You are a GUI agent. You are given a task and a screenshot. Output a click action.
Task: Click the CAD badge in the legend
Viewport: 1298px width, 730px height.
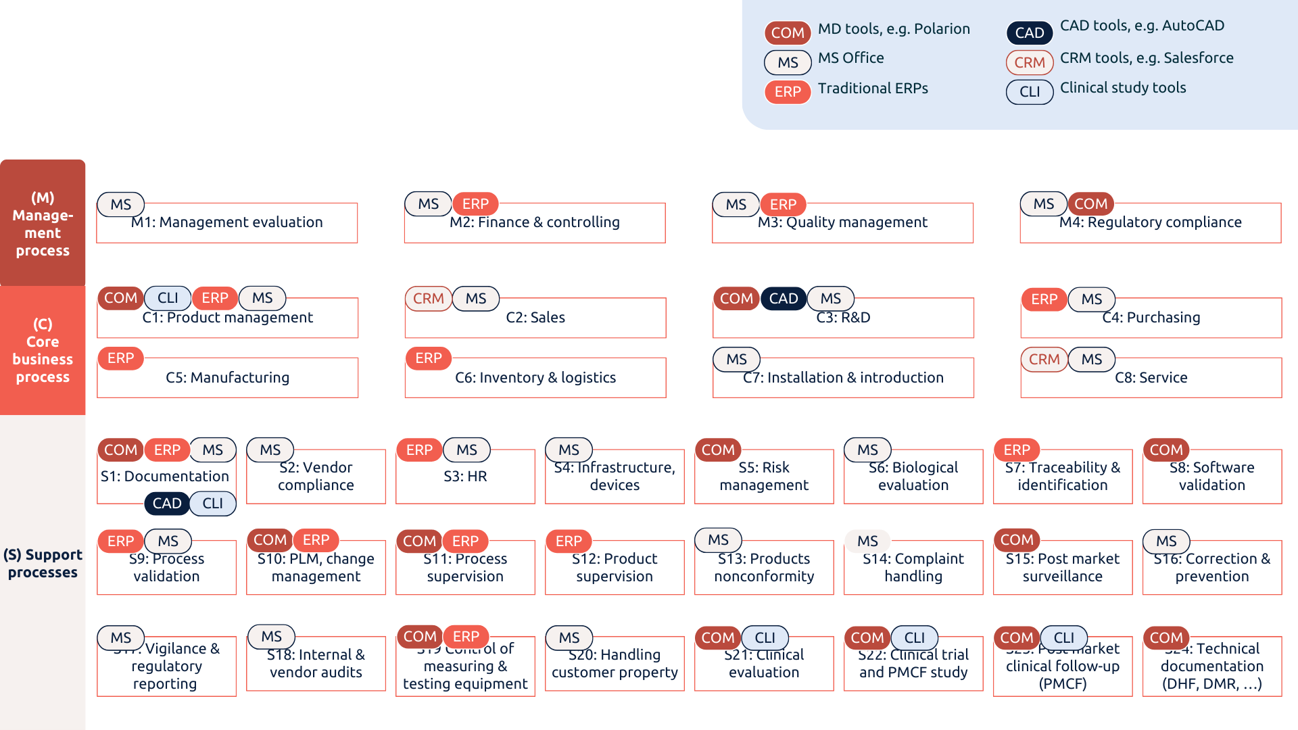pos(1029,32)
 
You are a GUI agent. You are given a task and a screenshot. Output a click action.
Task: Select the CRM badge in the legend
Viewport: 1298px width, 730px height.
pos(1029,62)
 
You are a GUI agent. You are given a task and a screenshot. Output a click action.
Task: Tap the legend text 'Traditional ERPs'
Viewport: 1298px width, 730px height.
pos(872,89)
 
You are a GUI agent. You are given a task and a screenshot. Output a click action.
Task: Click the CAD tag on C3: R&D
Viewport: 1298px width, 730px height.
pos(784,298)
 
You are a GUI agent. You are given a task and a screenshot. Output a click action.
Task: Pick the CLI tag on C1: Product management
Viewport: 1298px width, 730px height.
pos(168,298)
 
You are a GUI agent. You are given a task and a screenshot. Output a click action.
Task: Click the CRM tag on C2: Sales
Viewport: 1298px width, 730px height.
pos(428,299)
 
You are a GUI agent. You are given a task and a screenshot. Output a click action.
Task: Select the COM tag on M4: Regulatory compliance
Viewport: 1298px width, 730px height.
pos(1090,204)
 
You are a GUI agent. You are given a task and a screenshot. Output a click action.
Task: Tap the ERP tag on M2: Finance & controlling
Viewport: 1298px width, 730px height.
pos(475,204)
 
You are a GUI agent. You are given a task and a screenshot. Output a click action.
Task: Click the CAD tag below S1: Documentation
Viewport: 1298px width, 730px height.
pos(166,504)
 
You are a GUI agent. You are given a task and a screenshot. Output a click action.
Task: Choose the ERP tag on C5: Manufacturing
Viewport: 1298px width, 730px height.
pos(120,358)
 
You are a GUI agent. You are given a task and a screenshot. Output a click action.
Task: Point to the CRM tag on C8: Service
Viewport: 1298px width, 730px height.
pos(1044,360)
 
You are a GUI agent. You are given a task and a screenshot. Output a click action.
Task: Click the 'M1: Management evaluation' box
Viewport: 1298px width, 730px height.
pos(227,226)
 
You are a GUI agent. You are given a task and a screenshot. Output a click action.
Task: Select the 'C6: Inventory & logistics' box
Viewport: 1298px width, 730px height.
pos(535,380)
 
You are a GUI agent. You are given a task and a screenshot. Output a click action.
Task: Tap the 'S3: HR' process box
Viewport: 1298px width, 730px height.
pos(465,480)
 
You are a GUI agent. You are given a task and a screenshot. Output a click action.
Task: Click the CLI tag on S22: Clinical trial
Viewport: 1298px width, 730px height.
pos(914,637)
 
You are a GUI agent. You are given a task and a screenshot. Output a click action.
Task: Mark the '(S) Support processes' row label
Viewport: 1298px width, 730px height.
pos(43,564)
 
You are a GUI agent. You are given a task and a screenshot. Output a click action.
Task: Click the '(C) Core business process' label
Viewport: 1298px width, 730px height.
pos(43,350)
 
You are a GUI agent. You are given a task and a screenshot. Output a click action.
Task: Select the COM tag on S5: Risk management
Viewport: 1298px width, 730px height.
pos(717,449)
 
